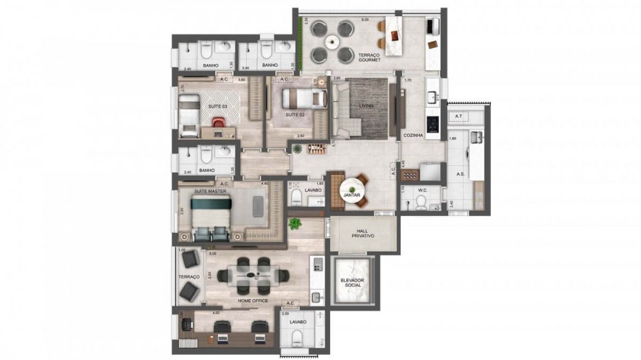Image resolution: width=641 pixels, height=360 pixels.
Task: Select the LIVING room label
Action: [x=366, y=106]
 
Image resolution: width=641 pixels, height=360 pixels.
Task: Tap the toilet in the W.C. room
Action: [x=421, y=202]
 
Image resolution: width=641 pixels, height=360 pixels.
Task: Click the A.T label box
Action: [x=459, y=116]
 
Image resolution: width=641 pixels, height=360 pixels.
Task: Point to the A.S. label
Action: [x=460, y=174]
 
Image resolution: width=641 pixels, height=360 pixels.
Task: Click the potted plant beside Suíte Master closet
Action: [x=294, y=224]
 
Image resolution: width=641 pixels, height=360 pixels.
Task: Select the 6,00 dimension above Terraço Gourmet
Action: [x=365, y=20]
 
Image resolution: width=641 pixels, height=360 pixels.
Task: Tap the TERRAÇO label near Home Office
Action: [x=189, y=277]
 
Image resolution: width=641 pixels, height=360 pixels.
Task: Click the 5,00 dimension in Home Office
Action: [x=212, y=253]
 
